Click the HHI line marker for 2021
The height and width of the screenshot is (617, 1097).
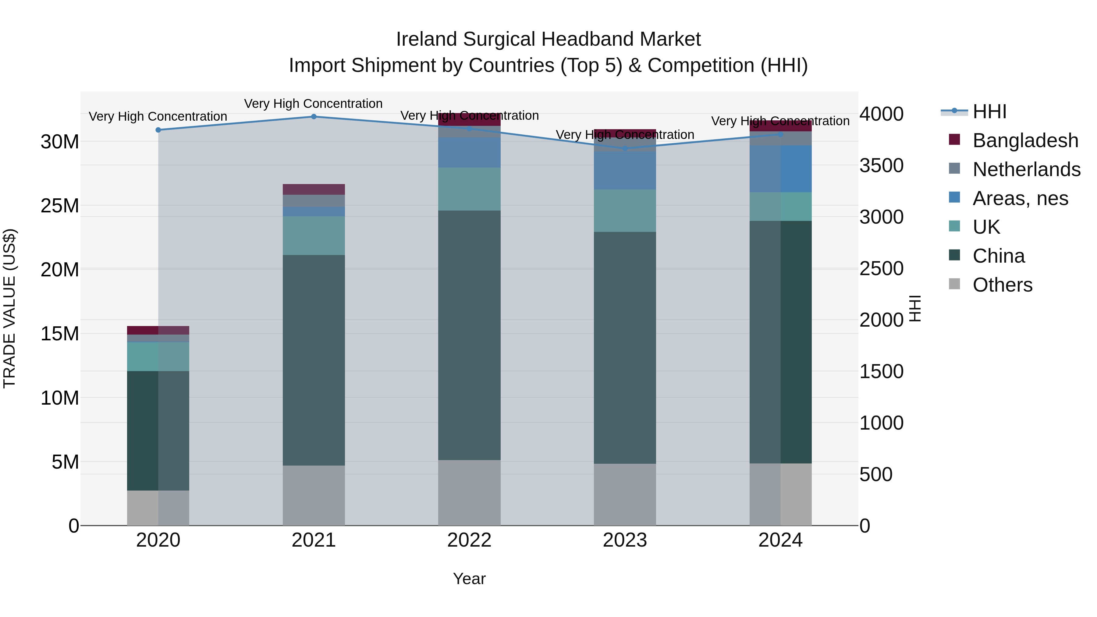tap(314, 117)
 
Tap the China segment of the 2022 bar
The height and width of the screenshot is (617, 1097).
tap(469, 335)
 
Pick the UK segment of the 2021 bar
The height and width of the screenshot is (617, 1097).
tap(314, 236)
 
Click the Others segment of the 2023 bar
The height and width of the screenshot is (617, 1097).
tap(625, 495)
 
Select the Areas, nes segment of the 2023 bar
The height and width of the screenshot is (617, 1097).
tap(625, 170)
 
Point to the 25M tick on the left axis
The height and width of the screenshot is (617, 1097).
tap(60, 206)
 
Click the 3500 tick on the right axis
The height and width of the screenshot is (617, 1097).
tap(881, 166)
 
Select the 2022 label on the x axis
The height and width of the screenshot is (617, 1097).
tap(469, 540)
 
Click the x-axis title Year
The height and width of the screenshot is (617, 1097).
tap(469, 579)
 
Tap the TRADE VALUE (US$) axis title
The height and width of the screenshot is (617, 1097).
tap(9, 308)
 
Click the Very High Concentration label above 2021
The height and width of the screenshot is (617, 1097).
tap(314, 104)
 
